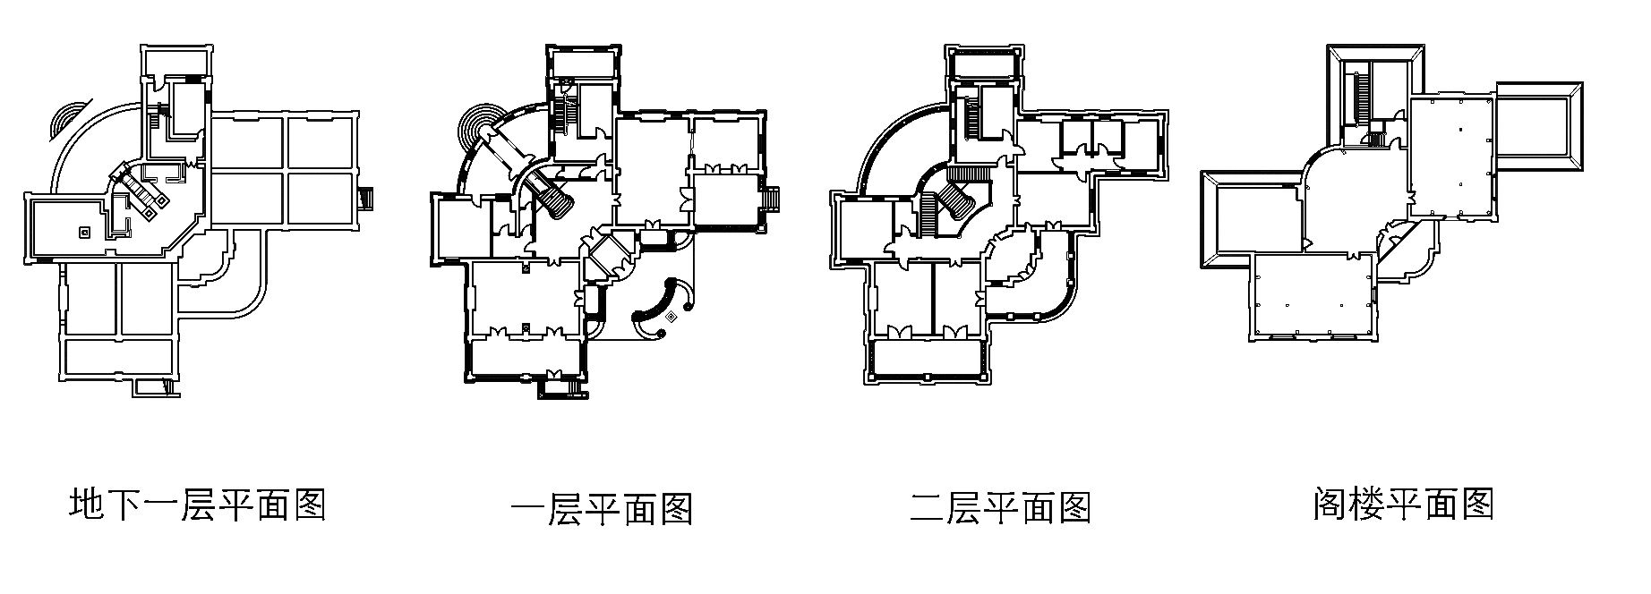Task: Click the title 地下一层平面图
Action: coord(197,505)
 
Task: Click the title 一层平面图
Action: coord(602,509)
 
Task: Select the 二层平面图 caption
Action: coord(999,508)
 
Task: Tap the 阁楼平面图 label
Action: coord(1403,505)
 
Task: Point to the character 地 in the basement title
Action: coord(87,505)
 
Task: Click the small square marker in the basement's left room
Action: coord(84,233)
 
